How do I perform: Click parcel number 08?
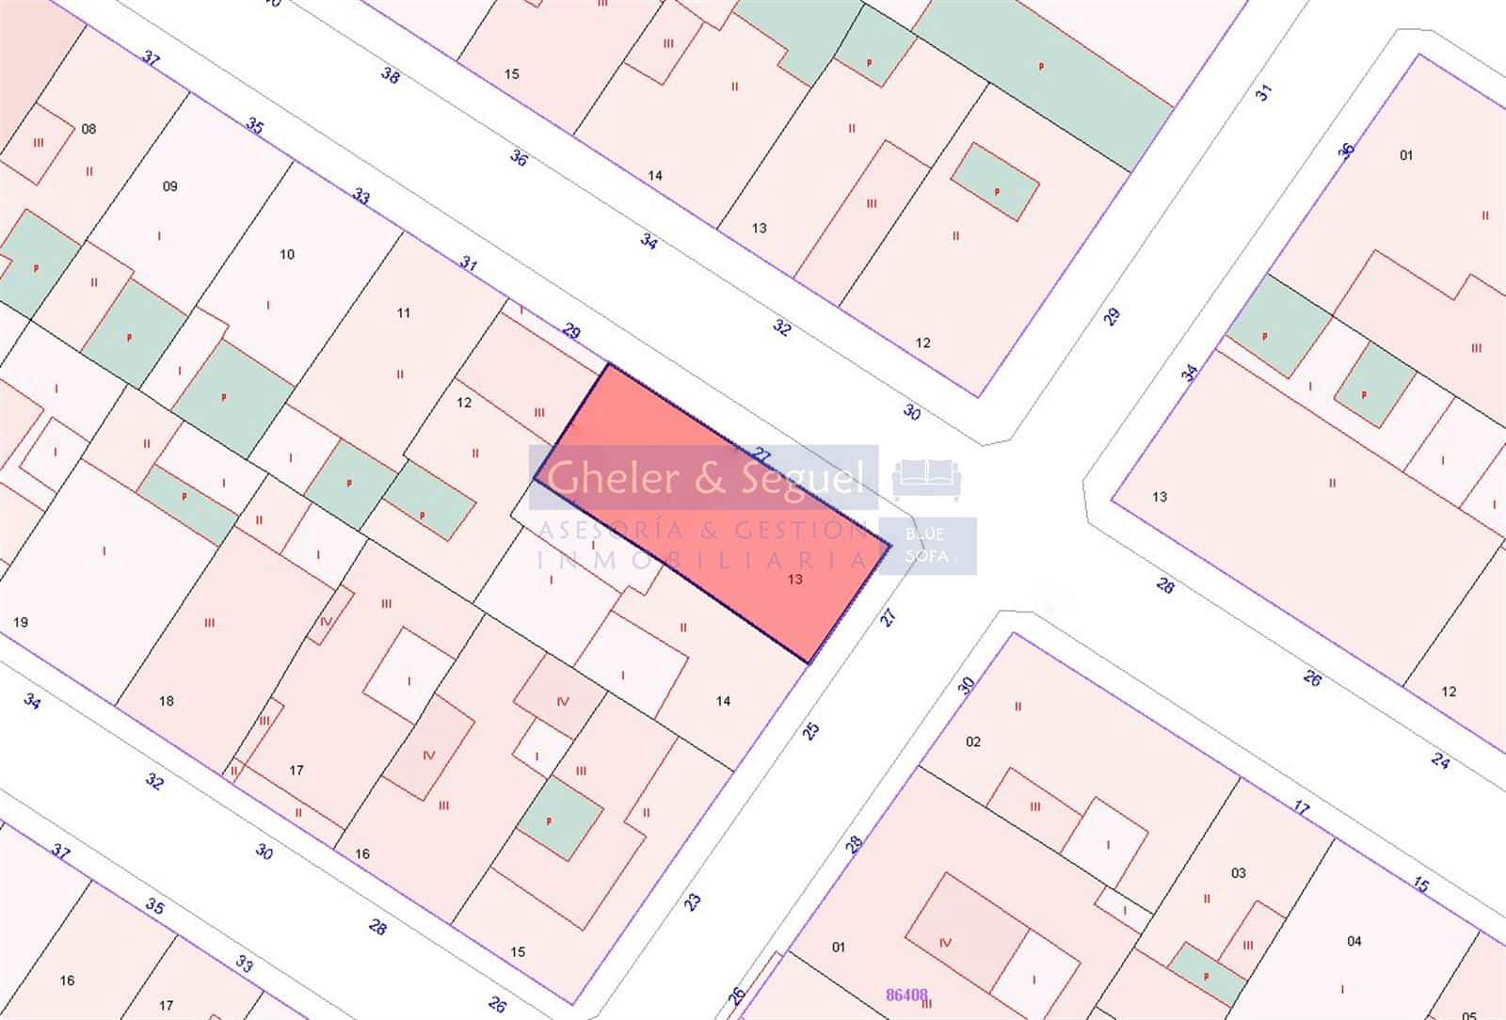[88, 129]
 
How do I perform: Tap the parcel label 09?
[169, 186]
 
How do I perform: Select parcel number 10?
[287, 254]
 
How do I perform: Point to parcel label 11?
[403, 312]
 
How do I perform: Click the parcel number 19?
[21, 622]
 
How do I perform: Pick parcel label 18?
[166, 700]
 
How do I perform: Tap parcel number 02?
[972, 741]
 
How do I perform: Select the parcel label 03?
[1238, 873]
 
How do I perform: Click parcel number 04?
[1354, 941]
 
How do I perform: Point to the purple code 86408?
[907, 993]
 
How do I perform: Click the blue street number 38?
[390, 75]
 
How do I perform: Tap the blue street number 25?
[811, 730]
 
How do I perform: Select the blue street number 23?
[693, 901]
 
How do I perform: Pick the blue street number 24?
[1440, 760]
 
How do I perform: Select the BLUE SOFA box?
[926, 546]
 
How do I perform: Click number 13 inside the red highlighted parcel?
[794, 580]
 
